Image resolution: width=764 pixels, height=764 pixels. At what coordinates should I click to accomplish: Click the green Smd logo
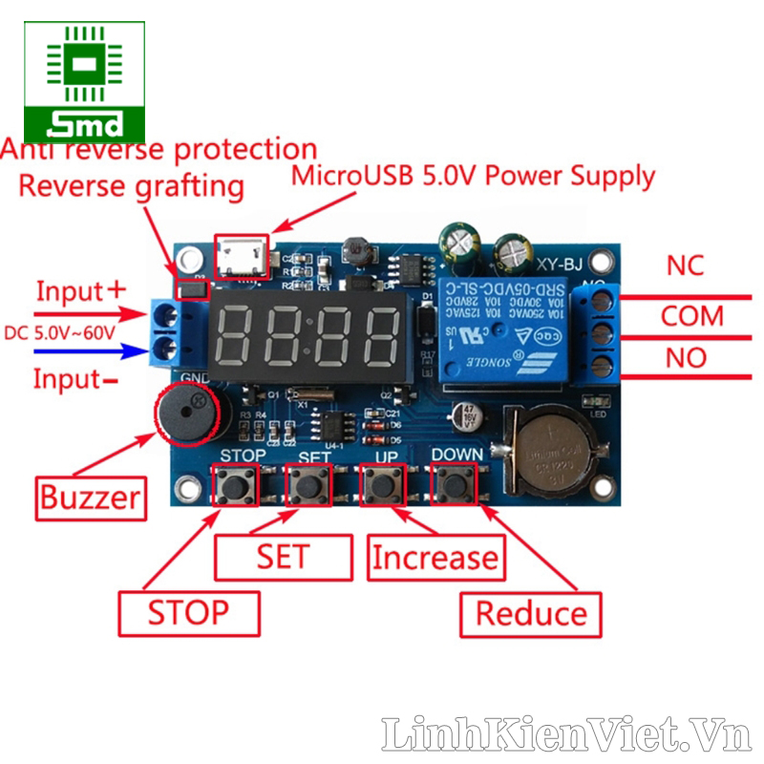84,80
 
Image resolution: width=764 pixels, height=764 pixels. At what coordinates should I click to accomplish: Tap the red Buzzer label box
90,497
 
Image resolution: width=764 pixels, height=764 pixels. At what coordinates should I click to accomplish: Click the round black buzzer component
191,414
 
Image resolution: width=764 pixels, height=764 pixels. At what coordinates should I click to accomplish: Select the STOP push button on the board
237,486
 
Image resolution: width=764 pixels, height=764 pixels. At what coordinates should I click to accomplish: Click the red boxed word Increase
435,557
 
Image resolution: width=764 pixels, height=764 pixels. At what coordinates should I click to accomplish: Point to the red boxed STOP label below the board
188,612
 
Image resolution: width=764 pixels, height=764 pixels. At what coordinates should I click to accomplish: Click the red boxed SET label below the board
283,556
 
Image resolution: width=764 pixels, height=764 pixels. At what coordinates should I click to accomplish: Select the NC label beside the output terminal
686,265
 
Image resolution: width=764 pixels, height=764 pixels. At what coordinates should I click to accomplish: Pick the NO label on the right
685,358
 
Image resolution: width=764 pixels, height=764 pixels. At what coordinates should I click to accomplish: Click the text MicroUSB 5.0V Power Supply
473,176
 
